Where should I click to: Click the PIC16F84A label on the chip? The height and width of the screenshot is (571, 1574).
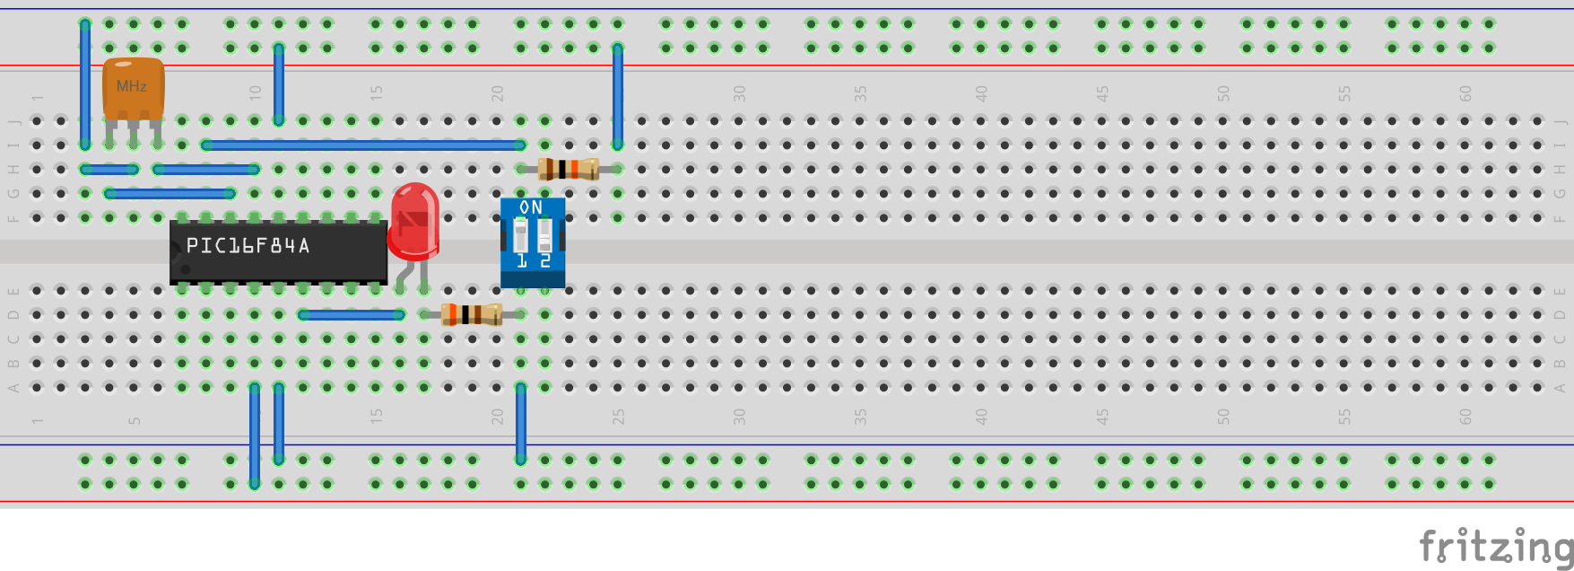click(x=248, y=246)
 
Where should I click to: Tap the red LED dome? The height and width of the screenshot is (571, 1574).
click(x=414, y=219)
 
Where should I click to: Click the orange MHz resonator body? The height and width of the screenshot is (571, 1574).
click(x=133, y=87)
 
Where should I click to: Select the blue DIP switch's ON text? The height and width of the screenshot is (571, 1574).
click(x=531, y=207)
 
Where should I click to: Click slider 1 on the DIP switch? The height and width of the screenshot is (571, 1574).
click(x=520, y=236)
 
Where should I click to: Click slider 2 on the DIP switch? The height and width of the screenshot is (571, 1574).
click(x=544, y=236)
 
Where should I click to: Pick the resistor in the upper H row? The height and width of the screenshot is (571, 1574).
click(x=569, y=169)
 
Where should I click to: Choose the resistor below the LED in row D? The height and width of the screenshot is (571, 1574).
click(x=472, y=314)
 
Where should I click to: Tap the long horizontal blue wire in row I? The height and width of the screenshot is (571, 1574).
click(x=363, y=145)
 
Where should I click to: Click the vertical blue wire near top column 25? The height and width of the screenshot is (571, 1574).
click(x=618, y=96)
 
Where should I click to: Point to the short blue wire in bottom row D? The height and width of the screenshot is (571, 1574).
click(x=352, y=314)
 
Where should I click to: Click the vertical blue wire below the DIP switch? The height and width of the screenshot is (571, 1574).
click(x=521, y=422)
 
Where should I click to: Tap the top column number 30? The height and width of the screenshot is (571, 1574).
click(x=739, y=93)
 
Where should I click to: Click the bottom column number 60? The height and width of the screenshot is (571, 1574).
click(x=1465, y=417)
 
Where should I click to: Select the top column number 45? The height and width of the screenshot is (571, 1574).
click(x=1102, y=93)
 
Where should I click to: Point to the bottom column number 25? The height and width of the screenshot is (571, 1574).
click(x=618, y=417)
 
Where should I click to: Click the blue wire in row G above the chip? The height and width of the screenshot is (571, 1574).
click(x=170, y=193)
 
